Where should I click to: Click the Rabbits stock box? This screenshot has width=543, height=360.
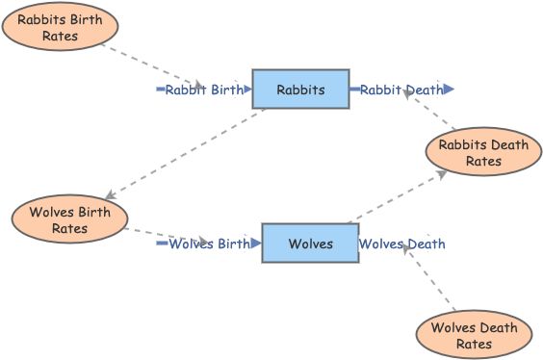[x=300, y=90]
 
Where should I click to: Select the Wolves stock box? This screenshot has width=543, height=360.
[x=310, y=244]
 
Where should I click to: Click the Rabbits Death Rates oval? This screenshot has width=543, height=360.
[x=483, y=153]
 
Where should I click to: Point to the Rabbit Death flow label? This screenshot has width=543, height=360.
[x=401, y=90]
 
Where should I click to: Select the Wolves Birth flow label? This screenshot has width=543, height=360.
[x=209, y=244]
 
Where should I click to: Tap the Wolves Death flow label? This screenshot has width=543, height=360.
[x=402, y=244]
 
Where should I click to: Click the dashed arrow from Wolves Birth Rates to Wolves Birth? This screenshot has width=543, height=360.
[x=154, y=234]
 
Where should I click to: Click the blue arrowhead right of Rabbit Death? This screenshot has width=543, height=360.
[x=450, y=90]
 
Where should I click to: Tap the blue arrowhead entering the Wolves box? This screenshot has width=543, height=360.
[x=256, y=244]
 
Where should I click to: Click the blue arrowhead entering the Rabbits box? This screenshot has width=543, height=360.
[x=247, y=90]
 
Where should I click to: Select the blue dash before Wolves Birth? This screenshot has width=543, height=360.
[x=162, y=244]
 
